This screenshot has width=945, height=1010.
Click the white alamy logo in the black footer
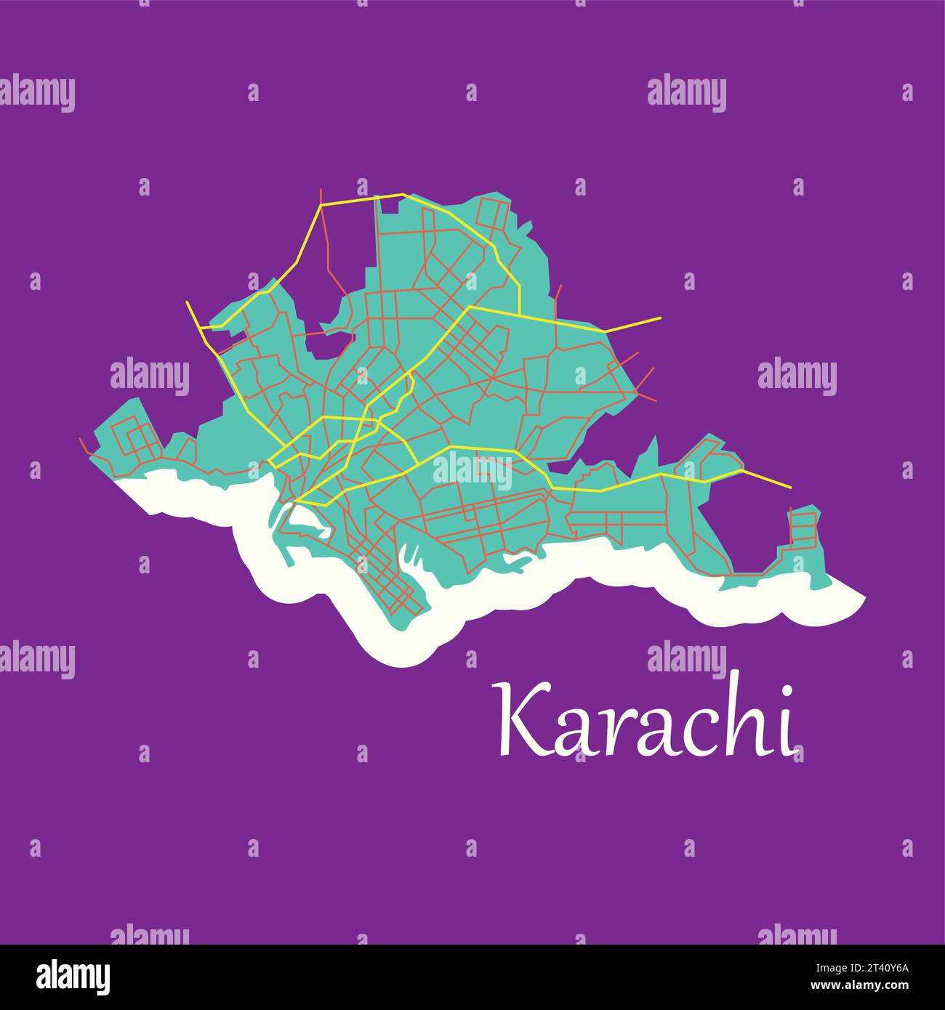(x=73, y=977)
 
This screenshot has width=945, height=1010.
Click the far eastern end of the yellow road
(x=791, y=487)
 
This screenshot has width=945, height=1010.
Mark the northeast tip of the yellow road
(x=661, y=318)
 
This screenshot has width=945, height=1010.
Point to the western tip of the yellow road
(x=187, y=302)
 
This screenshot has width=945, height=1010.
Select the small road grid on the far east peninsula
(x=803, y=528)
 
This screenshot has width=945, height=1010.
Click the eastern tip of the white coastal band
(x=864, y=597)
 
